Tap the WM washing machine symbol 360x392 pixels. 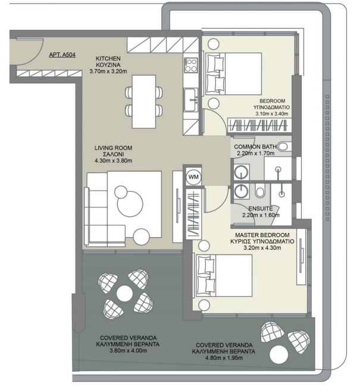(193, 177)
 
